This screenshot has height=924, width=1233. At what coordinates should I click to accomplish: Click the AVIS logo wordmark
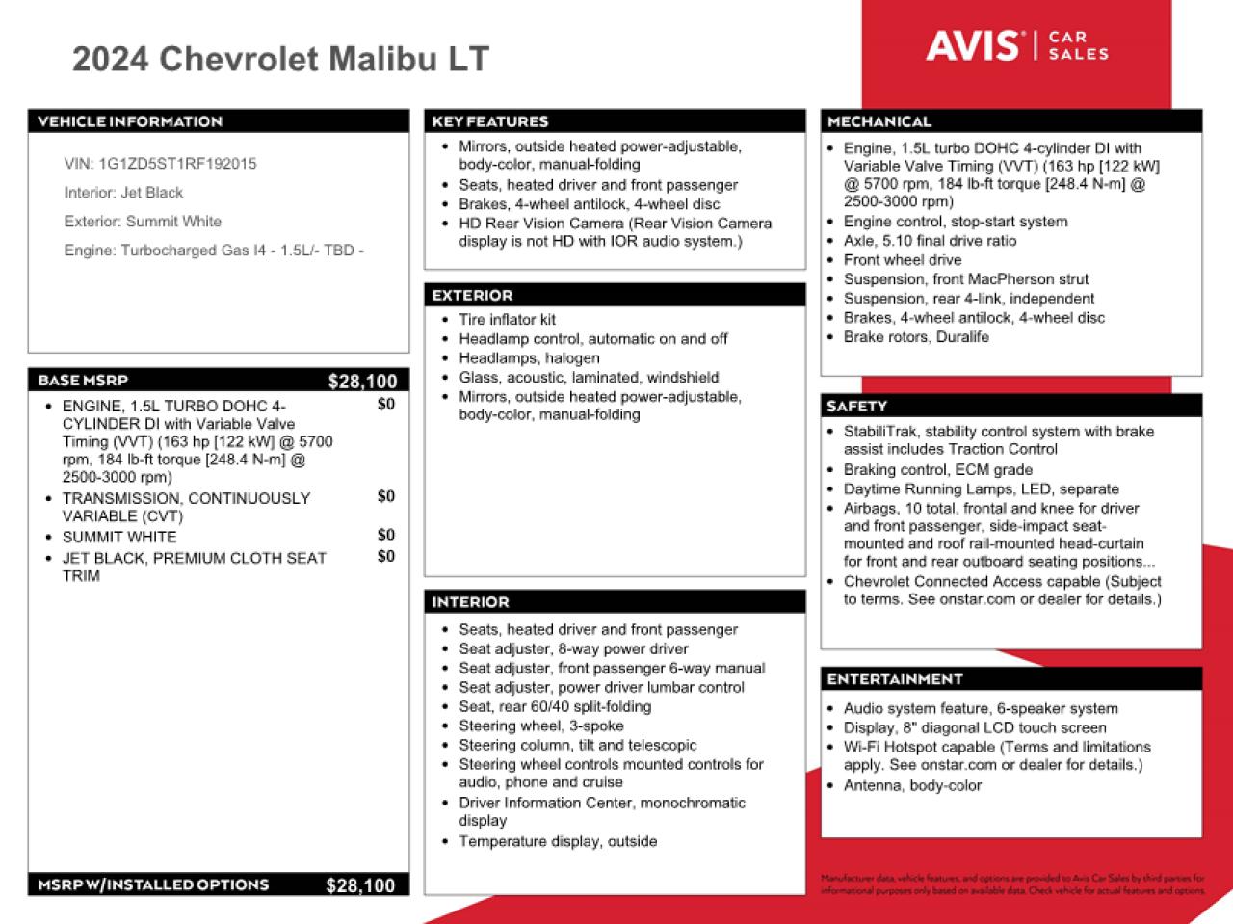pos(973,45)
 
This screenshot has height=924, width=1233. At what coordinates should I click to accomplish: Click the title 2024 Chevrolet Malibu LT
pos(280,59)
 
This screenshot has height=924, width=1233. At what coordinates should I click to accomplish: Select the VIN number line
pos(161,164)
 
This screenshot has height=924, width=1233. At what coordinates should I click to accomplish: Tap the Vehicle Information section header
pos(130,121)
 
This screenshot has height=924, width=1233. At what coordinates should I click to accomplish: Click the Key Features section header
pos(490,121)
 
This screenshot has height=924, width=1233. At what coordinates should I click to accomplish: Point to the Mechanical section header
pos(879,121)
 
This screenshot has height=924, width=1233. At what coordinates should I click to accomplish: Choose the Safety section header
pos(856,407)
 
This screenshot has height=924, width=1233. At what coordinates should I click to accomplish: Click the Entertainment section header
pos(895,679)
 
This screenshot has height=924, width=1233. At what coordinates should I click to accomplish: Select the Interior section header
pos(470,602)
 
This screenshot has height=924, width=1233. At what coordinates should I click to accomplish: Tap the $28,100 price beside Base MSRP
pos(362,382)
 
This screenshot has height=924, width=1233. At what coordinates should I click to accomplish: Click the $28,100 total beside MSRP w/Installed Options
pos(360,885)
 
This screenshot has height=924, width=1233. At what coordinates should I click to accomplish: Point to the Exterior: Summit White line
pos(143,222)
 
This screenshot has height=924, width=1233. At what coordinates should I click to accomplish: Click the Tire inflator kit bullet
pos(507,320)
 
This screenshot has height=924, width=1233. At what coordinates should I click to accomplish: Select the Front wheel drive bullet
pos(903,260)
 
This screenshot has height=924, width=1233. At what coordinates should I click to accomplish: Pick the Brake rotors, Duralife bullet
pos(916,337)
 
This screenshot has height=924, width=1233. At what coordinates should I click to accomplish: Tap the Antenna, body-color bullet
pos(912,785)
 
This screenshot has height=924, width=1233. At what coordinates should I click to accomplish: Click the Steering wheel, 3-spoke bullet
pos(540,726)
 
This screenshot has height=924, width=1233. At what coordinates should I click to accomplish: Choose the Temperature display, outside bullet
pos(558,841)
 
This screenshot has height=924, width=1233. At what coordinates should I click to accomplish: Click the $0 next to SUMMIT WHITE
pos(385,535)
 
